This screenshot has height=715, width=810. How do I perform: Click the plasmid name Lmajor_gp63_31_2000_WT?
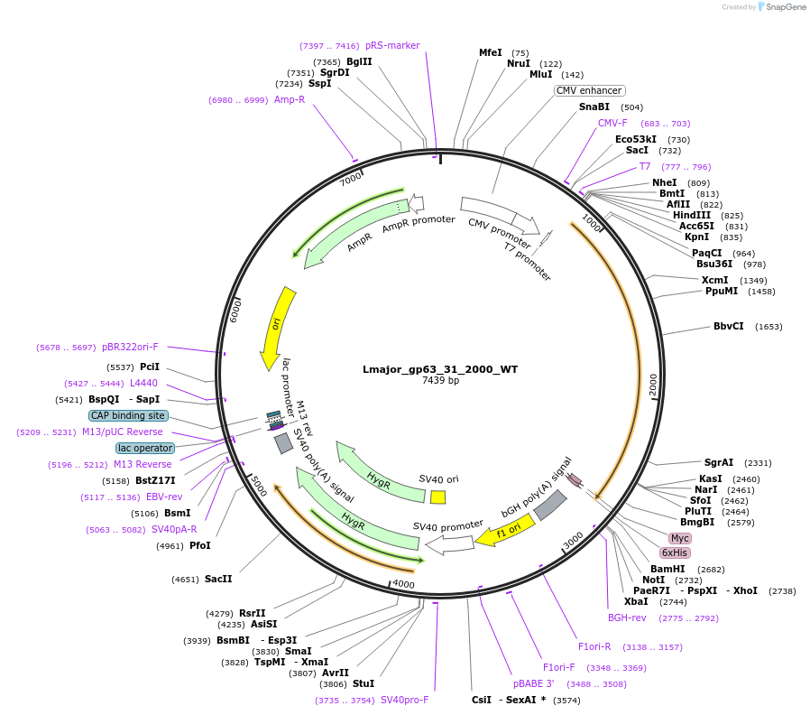440,369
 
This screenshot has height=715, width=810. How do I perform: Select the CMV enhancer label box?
589,90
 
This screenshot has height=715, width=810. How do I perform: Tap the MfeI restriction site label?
490,52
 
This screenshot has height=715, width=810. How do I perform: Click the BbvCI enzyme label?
729,327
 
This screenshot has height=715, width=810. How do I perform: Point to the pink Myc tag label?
679,538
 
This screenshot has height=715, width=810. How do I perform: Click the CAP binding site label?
127,416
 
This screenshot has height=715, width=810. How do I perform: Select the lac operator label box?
145,448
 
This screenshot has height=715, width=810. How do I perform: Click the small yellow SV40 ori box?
437,497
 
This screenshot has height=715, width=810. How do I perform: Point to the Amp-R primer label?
290,99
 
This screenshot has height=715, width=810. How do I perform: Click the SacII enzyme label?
218,579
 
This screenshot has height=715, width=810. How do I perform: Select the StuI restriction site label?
364,683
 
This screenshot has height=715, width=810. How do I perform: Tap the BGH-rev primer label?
627,617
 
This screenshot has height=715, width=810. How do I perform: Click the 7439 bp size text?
440,381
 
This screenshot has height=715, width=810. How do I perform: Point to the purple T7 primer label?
645,166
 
